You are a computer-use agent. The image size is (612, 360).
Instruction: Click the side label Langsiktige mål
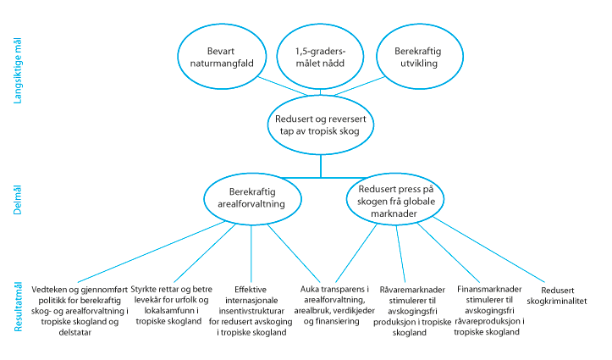[x=17, y=72]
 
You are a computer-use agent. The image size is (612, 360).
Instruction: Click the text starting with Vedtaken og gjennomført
[x=78, y=308]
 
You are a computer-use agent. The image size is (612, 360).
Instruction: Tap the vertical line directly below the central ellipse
[x=320, y=164]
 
